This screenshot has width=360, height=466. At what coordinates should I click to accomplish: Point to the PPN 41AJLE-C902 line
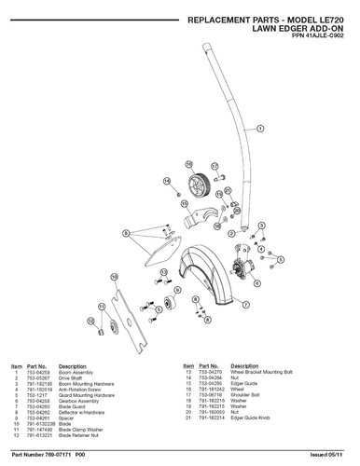pyautogui.click(x=306, y=38)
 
